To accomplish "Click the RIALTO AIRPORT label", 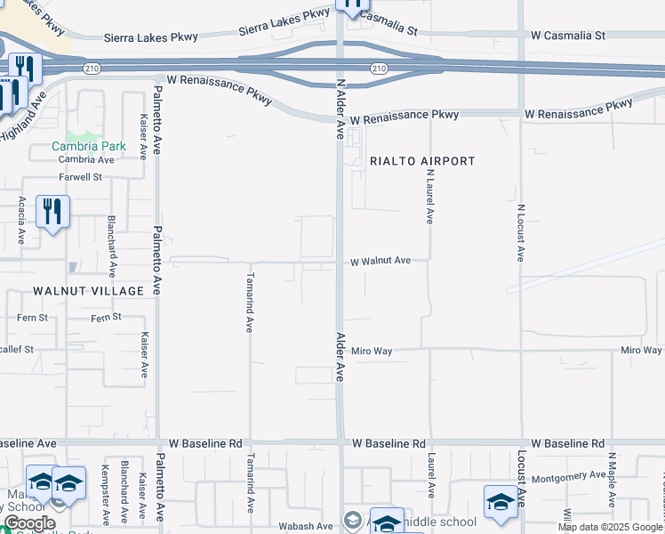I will (422, 161).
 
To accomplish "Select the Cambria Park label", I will (88, 146).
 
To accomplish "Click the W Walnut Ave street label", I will (381, 261).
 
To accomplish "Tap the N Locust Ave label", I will (520, 233).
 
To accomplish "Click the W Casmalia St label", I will (567, 36).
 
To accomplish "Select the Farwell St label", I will (82, 177).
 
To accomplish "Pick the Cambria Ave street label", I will (86, 159).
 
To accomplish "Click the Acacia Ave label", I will (20, 222).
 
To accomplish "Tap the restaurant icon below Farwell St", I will (52, 213).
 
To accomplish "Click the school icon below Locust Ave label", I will (501, 502).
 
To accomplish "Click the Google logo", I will (29, 523).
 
